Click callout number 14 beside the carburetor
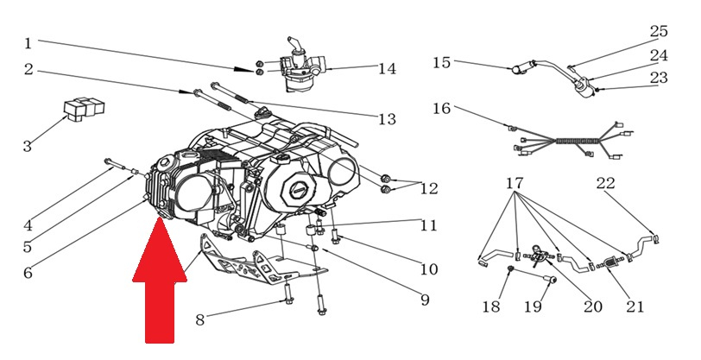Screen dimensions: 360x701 pyautogui.click(x=387, y=69)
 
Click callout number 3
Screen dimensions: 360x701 pyautogui.click(x=27, y=147)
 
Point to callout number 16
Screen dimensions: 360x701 pyautogui.click(x=442, y=109)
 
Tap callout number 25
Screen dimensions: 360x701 pyautogui.click(x=660, y=31)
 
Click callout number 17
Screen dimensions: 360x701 pyautogui.click(x=515, y=183)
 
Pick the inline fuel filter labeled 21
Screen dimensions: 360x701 pyautogui.click(x=611, y=261)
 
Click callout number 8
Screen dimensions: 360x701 pyautogui.click(x=200, y=320)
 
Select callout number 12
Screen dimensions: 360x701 pyautogui.click(x=429, y=188)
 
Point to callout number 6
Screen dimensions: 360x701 pyautogui.click(x=27, y=273)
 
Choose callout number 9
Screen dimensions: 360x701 pyautogui.click(x=425, y=300)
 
